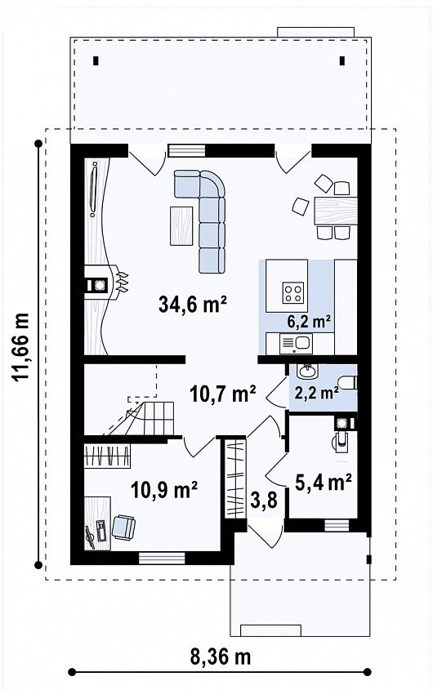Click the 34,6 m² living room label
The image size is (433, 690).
pyautogui.click(x=193, y=304)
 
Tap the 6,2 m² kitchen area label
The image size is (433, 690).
pyautogui.click(x=309, y=322)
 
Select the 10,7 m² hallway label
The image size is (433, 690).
pyautogui.click(x=223, y=393)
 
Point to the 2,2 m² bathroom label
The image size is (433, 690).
pyautogui.click(x=316, y=392)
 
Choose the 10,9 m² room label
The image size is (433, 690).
pyautogui.click(x=164, y=489)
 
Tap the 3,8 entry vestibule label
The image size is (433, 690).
pyautogui.click(x=264, y=500)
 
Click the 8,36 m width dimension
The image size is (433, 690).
pyautogui.click(x=221, y=657)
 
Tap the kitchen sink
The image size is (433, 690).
pyautogui.click(x=296, y=343)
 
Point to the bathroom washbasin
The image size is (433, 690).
pyautogui.click(x=306, y=372)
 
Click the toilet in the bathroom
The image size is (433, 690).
pyautogui.click(x=348, y=382)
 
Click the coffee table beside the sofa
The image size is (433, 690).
pyautogui.click(x=181, y=225)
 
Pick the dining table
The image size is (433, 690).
pyautogui.click(x=336, y=211)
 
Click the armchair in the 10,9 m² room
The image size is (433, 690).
pyautogui.click(x=123, y=527)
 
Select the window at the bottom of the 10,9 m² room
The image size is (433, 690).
pyautogui.click(x=162, y=558)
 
